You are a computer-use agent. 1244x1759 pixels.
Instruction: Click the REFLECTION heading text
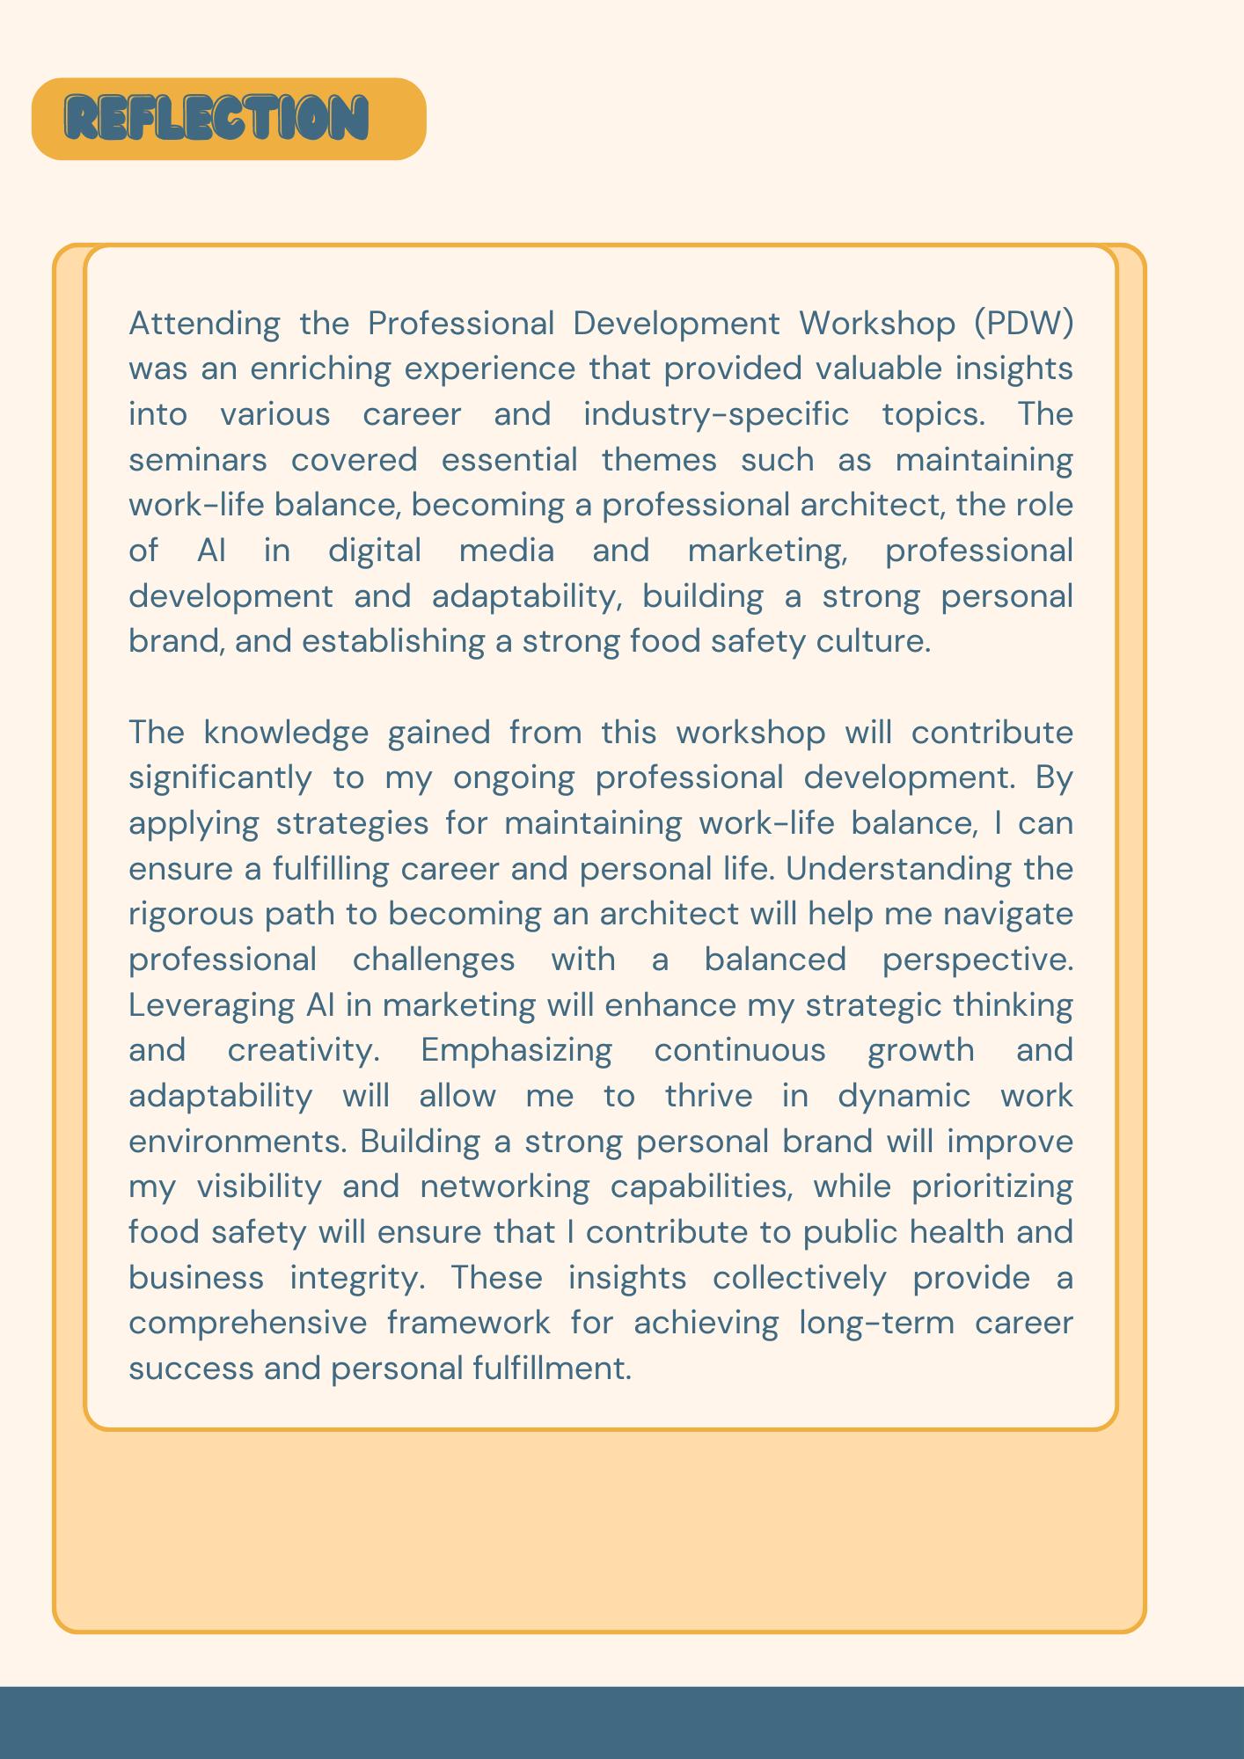click(216, 119)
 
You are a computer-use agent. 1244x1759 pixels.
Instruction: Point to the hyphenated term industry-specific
click(716, 414)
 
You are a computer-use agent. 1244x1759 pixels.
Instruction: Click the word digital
click(375, 551)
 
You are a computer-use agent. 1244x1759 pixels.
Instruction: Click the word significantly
click(220, 778)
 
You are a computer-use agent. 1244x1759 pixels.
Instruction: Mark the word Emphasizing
click(516, 1050)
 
